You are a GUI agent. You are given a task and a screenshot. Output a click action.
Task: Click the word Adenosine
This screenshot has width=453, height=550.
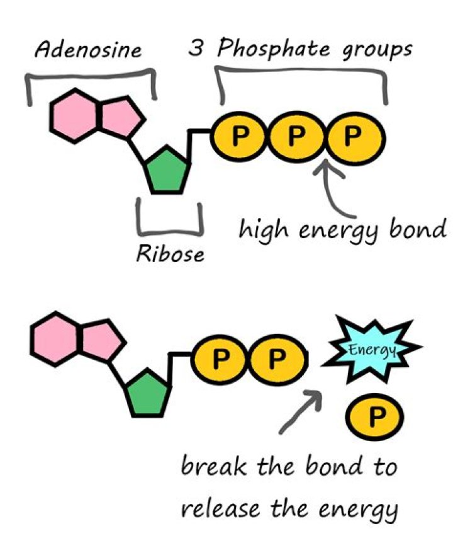click(88, 51)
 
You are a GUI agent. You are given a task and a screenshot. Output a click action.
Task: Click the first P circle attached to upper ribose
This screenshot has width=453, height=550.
click(237, 136)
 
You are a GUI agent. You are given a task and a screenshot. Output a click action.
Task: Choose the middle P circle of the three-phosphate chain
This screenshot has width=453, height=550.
click(294, 136)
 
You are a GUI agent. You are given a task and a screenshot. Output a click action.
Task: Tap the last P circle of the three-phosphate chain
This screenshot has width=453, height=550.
click(351, 136)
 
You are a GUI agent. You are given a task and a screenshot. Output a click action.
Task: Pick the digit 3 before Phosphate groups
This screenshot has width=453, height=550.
click(196, 50)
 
